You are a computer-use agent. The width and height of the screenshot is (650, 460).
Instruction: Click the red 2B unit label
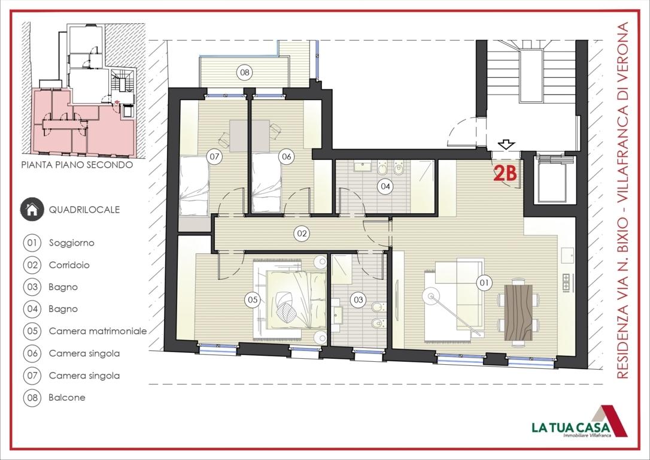[x=505, y=174]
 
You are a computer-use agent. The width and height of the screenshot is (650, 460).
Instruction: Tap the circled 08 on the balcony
[x=245, y=72]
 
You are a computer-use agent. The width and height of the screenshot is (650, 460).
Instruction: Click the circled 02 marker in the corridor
[x=302, y=234]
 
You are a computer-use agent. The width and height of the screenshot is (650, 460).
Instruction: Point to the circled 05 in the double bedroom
[x=253, y=299]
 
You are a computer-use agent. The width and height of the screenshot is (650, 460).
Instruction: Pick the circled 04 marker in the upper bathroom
[x=385, y=186]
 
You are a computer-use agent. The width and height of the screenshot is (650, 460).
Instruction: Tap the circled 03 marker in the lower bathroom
[x=358, y=299]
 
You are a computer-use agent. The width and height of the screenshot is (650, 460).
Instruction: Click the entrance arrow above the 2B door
[x=506, y=144]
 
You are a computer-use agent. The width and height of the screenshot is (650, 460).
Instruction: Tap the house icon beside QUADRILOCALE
[x=32, y=210]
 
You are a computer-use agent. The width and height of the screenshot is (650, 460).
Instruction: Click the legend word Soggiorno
[x=71, y=243]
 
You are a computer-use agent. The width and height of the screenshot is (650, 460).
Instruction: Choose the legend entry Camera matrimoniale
[x=98, y=331]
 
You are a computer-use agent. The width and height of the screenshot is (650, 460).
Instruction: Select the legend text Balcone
[x=67, y=397]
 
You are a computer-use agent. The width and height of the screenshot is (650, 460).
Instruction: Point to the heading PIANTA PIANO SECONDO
[x=77, y=165]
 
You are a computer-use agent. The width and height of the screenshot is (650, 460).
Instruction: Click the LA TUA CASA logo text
[x=570, y=427]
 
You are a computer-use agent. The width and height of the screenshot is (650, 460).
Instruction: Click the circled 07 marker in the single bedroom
[x=214, y=157]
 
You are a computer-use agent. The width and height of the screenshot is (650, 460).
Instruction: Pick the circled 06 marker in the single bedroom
[x=287, y=157]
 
